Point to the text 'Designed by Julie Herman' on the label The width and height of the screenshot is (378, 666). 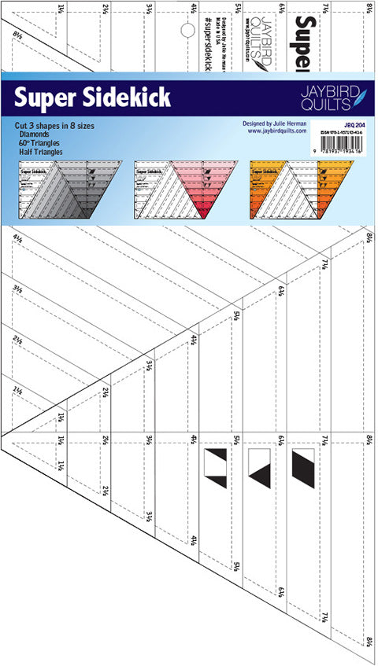click(x=279, y=123)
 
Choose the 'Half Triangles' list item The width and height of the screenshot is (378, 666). click(x=43, y=151)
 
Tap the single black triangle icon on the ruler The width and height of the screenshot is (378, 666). click(x=260, y=465)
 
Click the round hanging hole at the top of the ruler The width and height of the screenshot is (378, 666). click(x=187, y=31)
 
